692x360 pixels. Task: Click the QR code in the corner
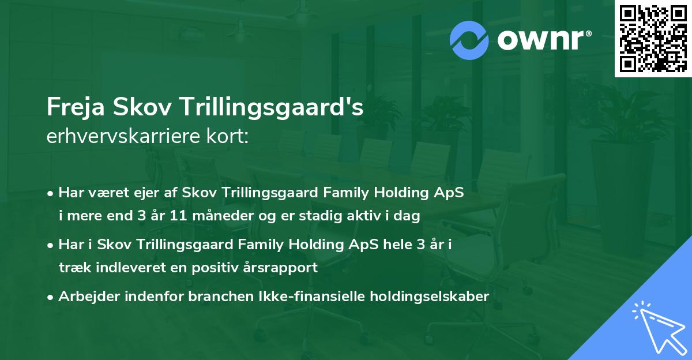click(x=653, y=39)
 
